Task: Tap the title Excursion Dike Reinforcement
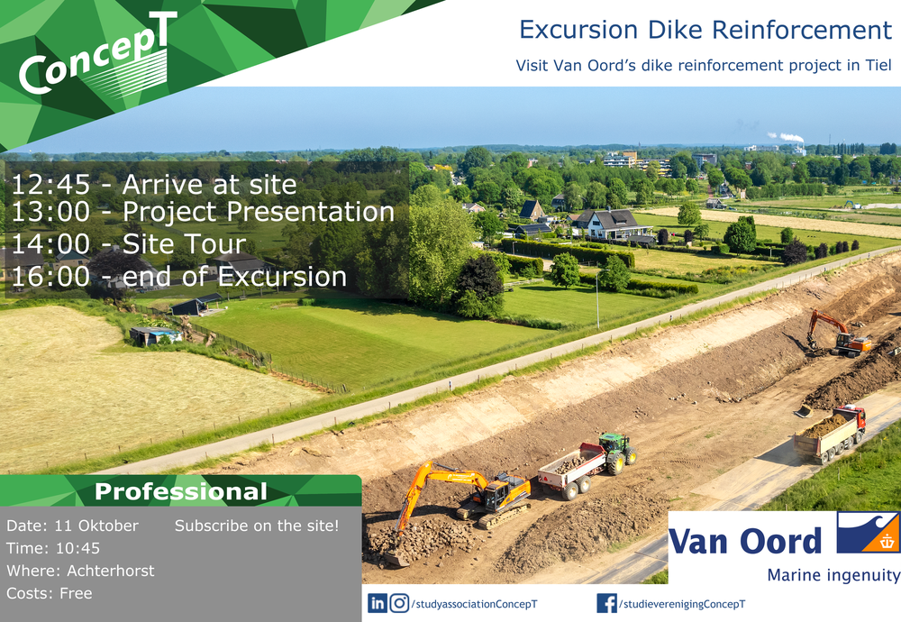pyautogui.click(x=705, y=30)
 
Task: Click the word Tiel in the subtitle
pyautogui.click(x=878, y=66)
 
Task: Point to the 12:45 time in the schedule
pyautogui.click(x=50, y=185)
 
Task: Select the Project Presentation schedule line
pyautogui.click(x=203, y=212)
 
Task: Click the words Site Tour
pyautogui.click(x=184, y=243)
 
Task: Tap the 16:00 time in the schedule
pyautogui.click(x=50, y=277)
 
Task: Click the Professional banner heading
pyautogui.click(x=181, y=491)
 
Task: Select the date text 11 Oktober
pyautogui.click(x=96, y=526)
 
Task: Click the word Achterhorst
pyautogui.click(x=110, y=571)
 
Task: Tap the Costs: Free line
pyautogui.click(x=50, y=593)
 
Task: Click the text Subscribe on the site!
pyautogui.click(x=257, y=526)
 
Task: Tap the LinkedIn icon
pyautogui.click(x=377, y=603)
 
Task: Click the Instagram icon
pyautogui.click(x=399, y=603)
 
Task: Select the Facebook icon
pyautogui.click(x=606, y=603)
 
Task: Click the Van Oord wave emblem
pyautogui.click(x=868, y=532)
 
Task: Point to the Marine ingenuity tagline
pyautogui.click(x=833, y=575)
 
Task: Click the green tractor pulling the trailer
pyautogui.click(x=618, y=453)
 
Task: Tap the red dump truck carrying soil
pyautogui.click(x=830, y=433)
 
